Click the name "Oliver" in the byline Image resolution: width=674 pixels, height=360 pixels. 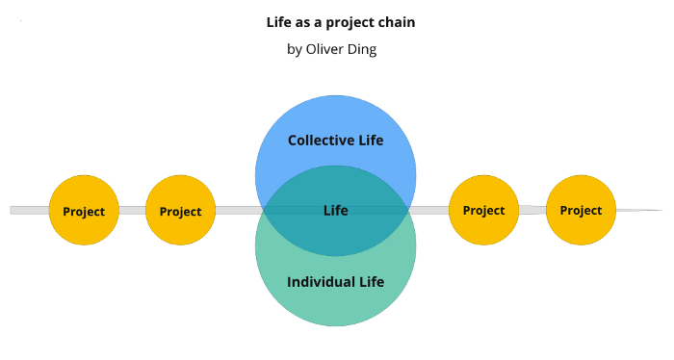click(325, 49)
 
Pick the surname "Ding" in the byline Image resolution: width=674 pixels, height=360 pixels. click(363, 50)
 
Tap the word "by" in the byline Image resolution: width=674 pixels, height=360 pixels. click(295, 50)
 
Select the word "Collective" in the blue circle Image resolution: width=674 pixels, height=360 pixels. click(321, 141)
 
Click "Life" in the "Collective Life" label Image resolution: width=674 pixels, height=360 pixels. click(371, 141)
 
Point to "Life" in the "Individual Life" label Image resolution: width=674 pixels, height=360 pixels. click(372, 282)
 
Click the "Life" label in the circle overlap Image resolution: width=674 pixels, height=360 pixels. click(336, 211)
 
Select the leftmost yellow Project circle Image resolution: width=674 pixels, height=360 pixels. click(84, 210)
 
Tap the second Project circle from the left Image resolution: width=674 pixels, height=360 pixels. click(181, 210)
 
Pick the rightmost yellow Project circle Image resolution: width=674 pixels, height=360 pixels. click(582, 210)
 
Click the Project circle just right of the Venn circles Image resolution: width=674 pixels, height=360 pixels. click(484, 210)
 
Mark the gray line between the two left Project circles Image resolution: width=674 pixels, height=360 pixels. click(133, 211)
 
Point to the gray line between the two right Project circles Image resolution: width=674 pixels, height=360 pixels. click(532, 210)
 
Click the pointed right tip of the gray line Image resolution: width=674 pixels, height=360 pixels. click(662, 210)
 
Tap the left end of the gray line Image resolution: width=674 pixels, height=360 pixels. click(11, 211)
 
